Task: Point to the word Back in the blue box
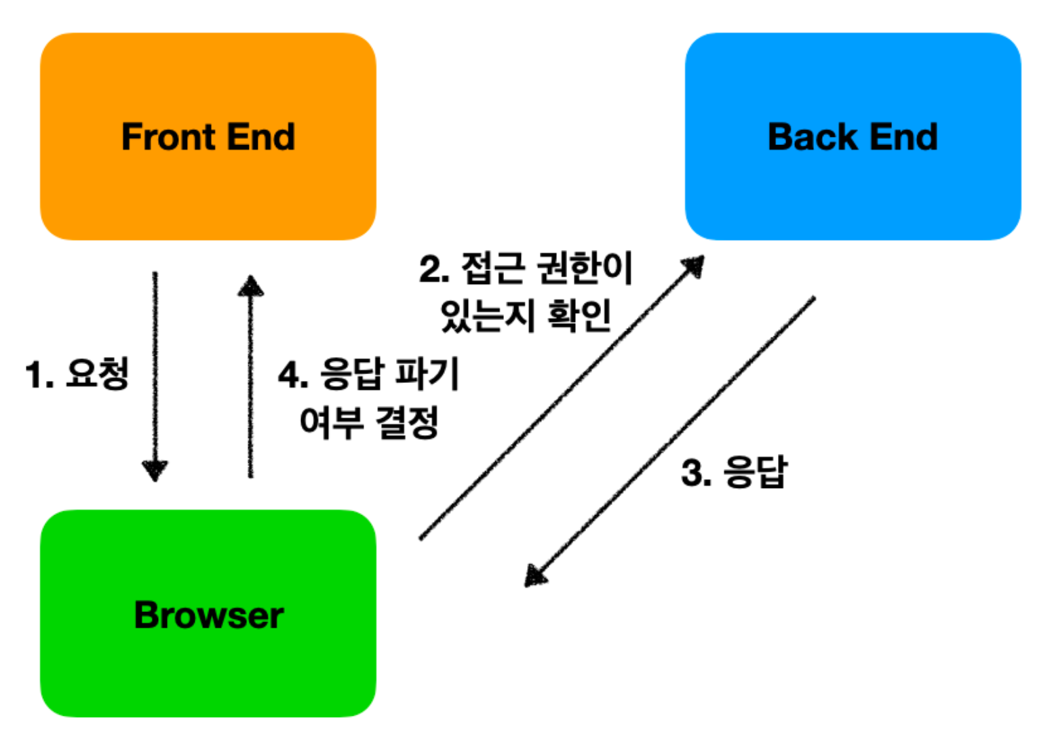point(813,137)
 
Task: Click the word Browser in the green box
point(209,615)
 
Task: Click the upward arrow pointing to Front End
point(250,380)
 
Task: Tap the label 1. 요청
point(77,374)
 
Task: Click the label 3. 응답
point(734,472)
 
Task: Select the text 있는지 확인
point(526,316)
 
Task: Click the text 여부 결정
point(370,423)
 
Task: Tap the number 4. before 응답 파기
point(293,375)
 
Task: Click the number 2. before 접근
point(434,269)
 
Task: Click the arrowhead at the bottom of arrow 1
point(155,470)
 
